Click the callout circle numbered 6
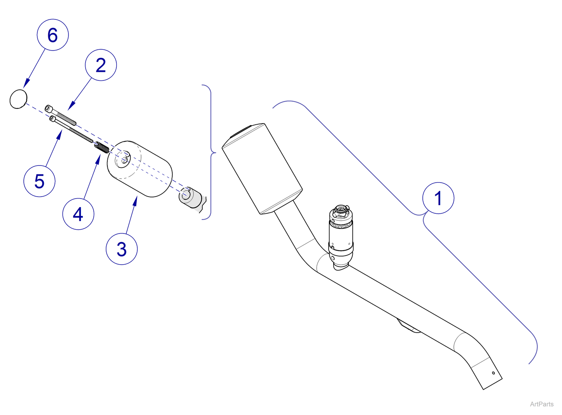tap(53, 35)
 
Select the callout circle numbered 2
tap(101, 65)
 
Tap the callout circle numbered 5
tap(39, 181)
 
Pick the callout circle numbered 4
tap(78, 214)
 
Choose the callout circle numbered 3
tap(122, 249)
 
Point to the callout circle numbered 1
tap(438, 198)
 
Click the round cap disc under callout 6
tap(18, 99)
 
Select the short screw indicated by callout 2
tap(60, 115)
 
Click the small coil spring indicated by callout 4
tap(102, 148)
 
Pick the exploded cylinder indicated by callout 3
tap(140, 169)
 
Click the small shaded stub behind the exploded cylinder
tap(192, 199)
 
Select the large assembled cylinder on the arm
tap(262, 168)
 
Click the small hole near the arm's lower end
tap(493, 373)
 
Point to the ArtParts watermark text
tap(542, 404)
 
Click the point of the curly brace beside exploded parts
tap(215, 153)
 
